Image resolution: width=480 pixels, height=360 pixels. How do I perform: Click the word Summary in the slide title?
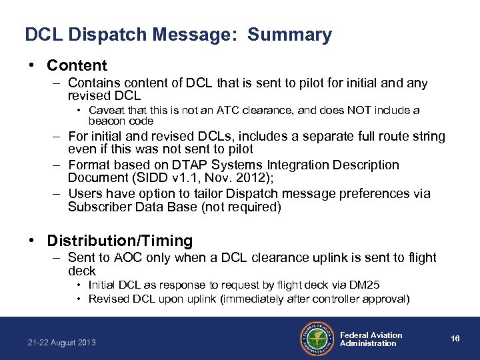click(x=289, y=35)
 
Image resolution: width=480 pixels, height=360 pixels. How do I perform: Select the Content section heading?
click(x=77, y=65)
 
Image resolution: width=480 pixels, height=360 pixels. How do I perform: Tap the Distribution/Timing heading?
click(x=120, y=240)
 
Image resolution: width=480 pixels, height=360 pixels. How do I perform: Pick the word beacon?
click(x=105, y=121)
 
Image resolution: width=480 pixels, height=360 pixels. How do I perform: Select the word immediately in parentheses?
click(x=257, y=299)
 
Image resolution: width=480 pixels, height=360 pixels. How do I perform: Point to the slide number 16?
click(x=455, y=339)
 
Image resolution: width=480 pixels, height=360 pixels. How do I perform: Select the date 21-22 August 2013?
click(x=62, y=343)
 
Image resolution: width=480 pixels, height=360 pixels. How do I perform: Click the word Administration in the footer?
click(x=368, y=343)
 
